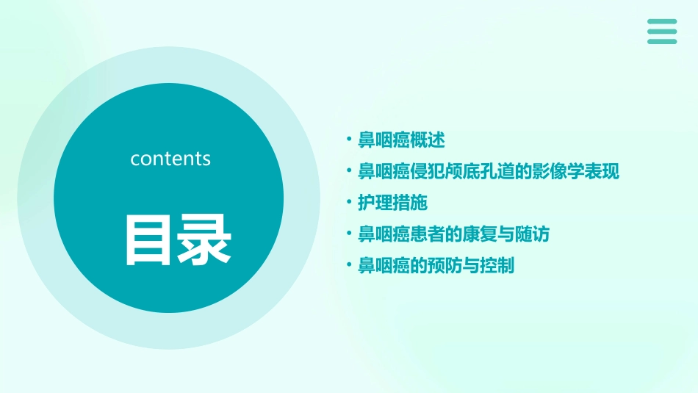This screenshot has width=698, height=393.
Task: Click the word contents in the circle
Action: click(x=170, y=159)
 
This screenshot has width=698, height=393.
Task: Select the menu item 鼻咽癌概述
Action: click(x=401, y=140)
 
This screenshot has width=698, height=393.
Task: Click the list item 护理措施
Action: click(x=392, y=203)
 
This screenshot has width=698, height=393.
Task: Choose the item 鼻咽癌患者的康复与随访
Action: click(x=453, y=234)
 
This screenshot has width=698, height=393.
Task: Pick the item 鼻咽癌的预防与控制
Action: click(x=436, y=266)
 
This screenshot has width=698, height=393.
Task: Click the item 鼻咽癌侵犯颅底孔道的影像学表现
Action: click(x=489, y=171)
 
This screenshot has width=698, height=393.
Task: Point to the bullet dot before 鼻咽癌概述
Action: click(x=350, y=140)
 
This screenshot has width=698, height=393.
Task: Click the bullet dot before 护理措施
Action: click(x=350, y=203)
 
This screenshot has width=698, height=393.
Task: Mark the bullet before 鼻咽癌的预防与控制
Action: click(x=350, y=266)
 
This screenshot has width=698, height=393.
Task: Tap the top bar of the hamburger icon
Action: click(x=662, y=22)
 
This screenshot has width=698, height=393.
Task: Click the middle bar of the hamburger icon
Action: click(x=662, y=32)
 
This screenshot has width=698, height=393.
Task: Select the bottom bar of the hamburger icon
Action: click(x=662, y=41)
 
